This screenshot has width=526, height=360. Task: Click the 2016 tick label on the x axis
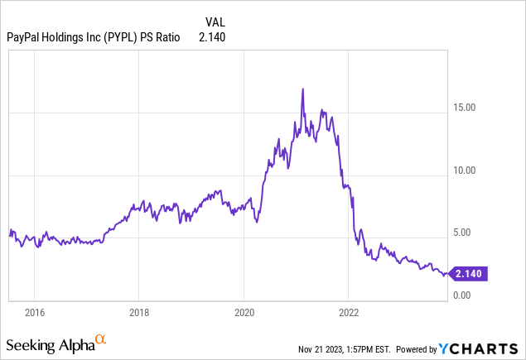click(x=34, y=313)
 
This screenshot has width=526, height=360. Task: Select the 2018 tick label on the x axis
click(x=139, y=313)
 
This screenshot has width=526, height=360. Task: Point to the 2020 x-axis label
click(x=244, y=313)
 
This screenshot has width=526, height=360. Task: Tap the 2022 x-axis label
click(x=349, y=313)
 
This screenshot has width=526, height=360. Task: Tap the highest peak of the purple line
click(x=303, y=89)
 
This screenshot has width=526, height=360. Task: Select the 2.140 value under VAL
click(x=212, y=36)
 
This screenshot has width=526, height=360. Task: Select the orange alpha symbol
click(x=100, y=339)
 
